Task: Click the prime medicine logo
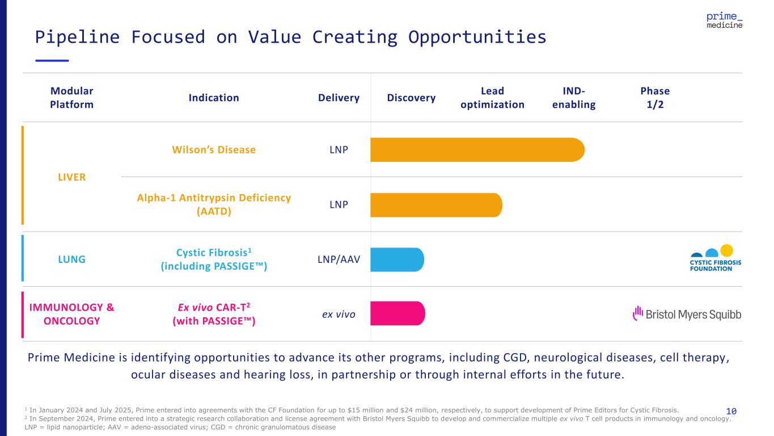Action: point(724,21)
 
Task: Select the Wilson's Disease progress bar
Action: point(476,150)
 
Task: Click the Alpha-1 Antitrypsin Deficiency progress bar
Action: point(435,205)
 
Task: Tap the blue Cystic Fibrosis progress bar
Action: point(397,259)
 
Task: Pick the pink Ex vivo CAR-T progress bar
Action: point(397,313)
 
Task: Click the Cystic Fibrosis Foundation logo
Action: point(715,258)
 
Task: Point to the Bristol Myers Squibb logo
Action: point(687,314)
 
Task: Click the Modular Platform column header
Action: point(71,98)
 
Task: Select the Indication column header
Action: point(214,98)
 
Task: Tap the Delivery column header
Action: point(339,98)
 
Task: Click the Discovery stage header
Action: point(411,98)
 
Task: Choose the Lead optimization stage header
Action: point(492,98)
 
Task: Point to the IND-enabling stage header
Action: point(574,98)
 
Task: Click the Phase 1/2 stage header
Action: point(655,98)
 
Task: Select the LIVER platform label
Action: point(71,177)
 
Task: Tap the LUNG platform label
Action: point(71,259)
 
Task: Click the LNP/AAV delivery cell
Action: point(339,259)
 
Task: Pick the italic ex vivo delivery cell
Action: point(339,313)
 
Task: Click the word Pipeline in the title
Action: point(77,37)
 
